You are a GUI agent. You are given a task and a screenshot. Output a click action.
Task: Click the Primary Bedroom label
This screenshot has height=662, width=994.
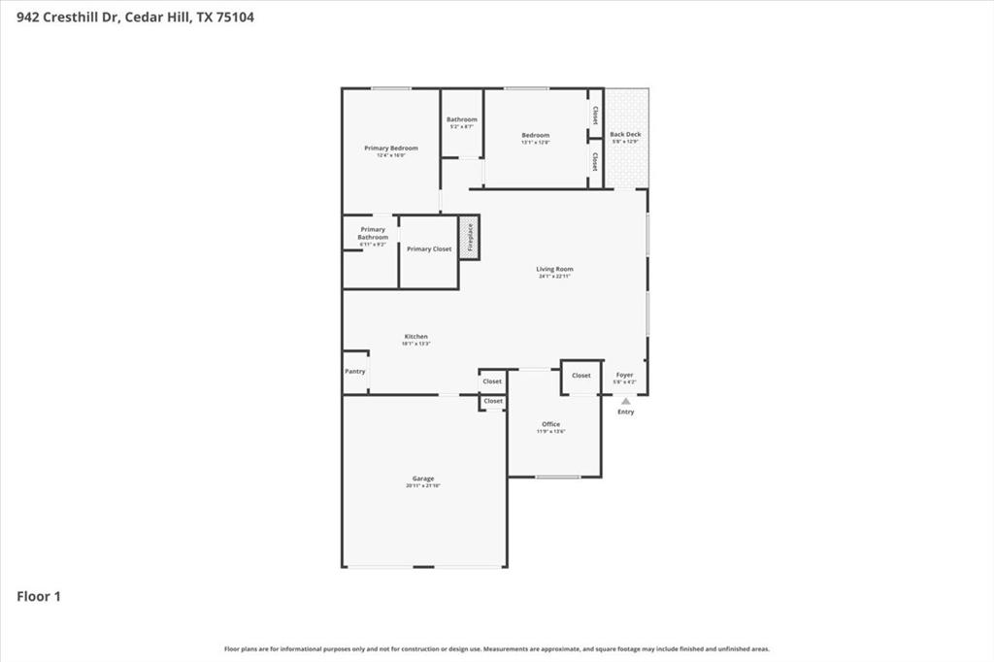pos(391,149)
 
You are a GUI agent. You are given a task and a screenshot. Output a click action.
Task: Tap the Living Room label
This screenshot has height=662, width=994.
pos(554,269)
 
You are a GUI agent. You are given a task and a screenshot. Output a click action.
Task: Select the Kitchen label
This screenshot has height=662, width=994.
pos(415,337)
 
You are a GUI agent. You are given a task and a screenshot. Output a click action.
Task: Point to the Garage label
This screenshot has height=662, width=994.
pos(422,479)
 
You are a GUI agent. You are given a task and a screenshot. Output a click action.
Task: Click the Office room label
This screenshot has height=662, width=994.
pos(550,424)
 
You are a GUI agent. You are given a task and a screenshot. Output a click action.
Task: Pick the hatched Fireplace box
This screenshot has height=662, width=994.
pos(470,238)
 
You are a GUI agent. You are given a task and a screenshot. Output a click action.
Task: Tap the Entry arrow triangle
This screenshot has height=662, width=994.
pos(626,401)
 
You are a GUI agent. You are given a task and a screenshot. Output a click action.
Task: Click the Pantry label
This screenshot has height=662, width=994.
pos(355,372)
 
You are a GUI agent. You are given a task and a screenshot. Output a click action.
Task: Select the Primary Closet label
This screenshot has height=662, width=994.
pos(429,249)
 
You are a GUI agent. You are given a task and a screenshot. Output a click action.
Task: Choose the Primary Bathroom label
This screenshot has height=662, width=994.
pos(372,233)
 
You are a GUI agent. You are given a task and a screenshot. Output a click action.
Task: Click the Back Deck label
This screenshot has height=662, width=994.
pos(625,135)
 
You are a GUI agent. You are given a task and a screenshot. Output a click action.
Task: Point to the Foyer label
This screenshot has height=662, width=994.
pos(625,375)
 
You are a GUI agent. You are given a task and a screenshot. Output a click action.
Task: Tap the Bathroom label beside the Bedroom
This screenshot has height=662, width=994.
pos(462,119)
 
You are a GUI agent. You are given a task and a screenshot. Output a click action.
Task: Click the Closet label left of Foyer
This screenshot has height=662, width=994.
pos(580,376)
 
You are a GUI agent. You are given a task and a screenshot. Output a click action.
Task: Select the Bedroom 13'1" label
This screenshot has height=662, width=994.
pos(535,135)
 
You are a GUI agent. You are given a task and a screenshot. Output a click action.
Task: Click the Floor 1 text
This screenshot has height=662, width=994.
pos(39,597)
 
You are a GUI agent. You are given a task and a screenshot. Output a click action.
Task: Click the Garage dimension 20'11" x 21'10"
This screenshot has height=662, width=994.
pos(423,485)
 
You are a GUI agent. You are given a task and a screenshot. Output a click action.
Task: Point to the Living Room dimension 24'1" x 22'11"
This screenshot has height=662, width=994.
pos(554,276)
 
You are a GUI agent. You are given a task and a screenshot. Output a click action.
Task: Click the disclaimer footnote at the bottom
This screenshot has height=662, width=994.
pos(497,648)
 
